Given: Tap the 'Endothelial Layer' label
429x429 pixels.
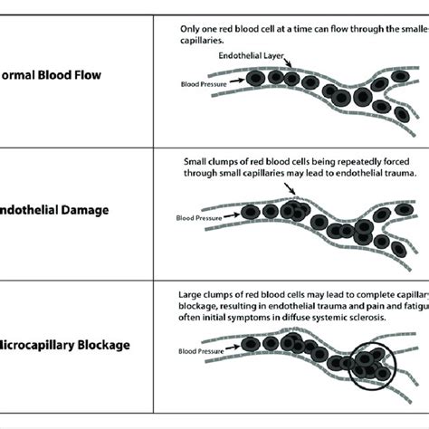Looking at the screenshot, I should click(x=248, y=55).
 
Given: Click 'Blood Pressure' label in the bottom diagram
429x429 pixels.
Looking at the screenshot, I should click(x=198, y=352).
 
